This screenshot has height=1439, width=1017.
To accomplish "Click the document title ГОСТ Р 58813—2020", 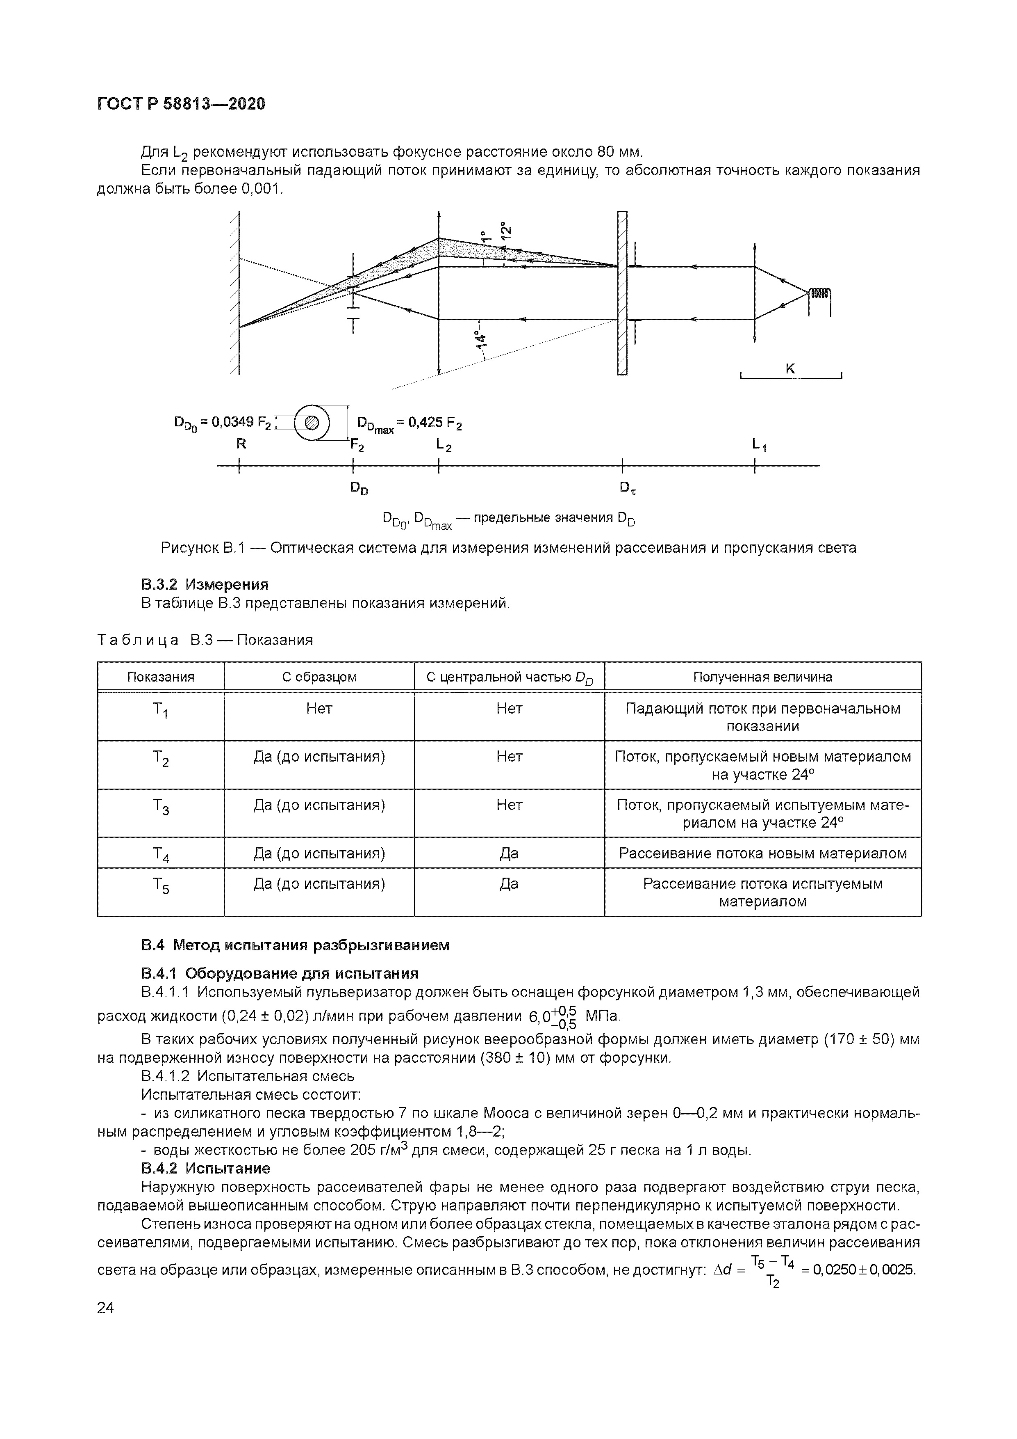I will pyautogui.click(x=181, y=104).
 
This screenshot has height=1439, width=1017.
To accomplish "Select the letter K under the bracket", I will pyautogui.click(x=790, y=369).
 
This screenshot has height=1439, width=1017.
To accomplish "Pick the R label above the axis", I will pyautogui.click(x=241, y=444).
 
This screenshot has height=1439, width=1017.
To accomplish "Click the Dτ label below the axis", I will pyautogui.click(x=628, y=487).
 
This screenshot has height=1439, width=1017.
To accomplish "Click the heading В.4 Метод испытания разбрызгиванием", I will pyautogui.click(x=295, y=945).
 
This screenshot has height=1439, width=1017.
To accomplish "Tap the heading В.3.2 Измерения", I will pyautogui.click(x=205, y=584).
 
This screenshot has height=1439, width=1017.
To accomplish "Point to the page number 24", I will pyautogui.click(x=106, y=1308).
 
